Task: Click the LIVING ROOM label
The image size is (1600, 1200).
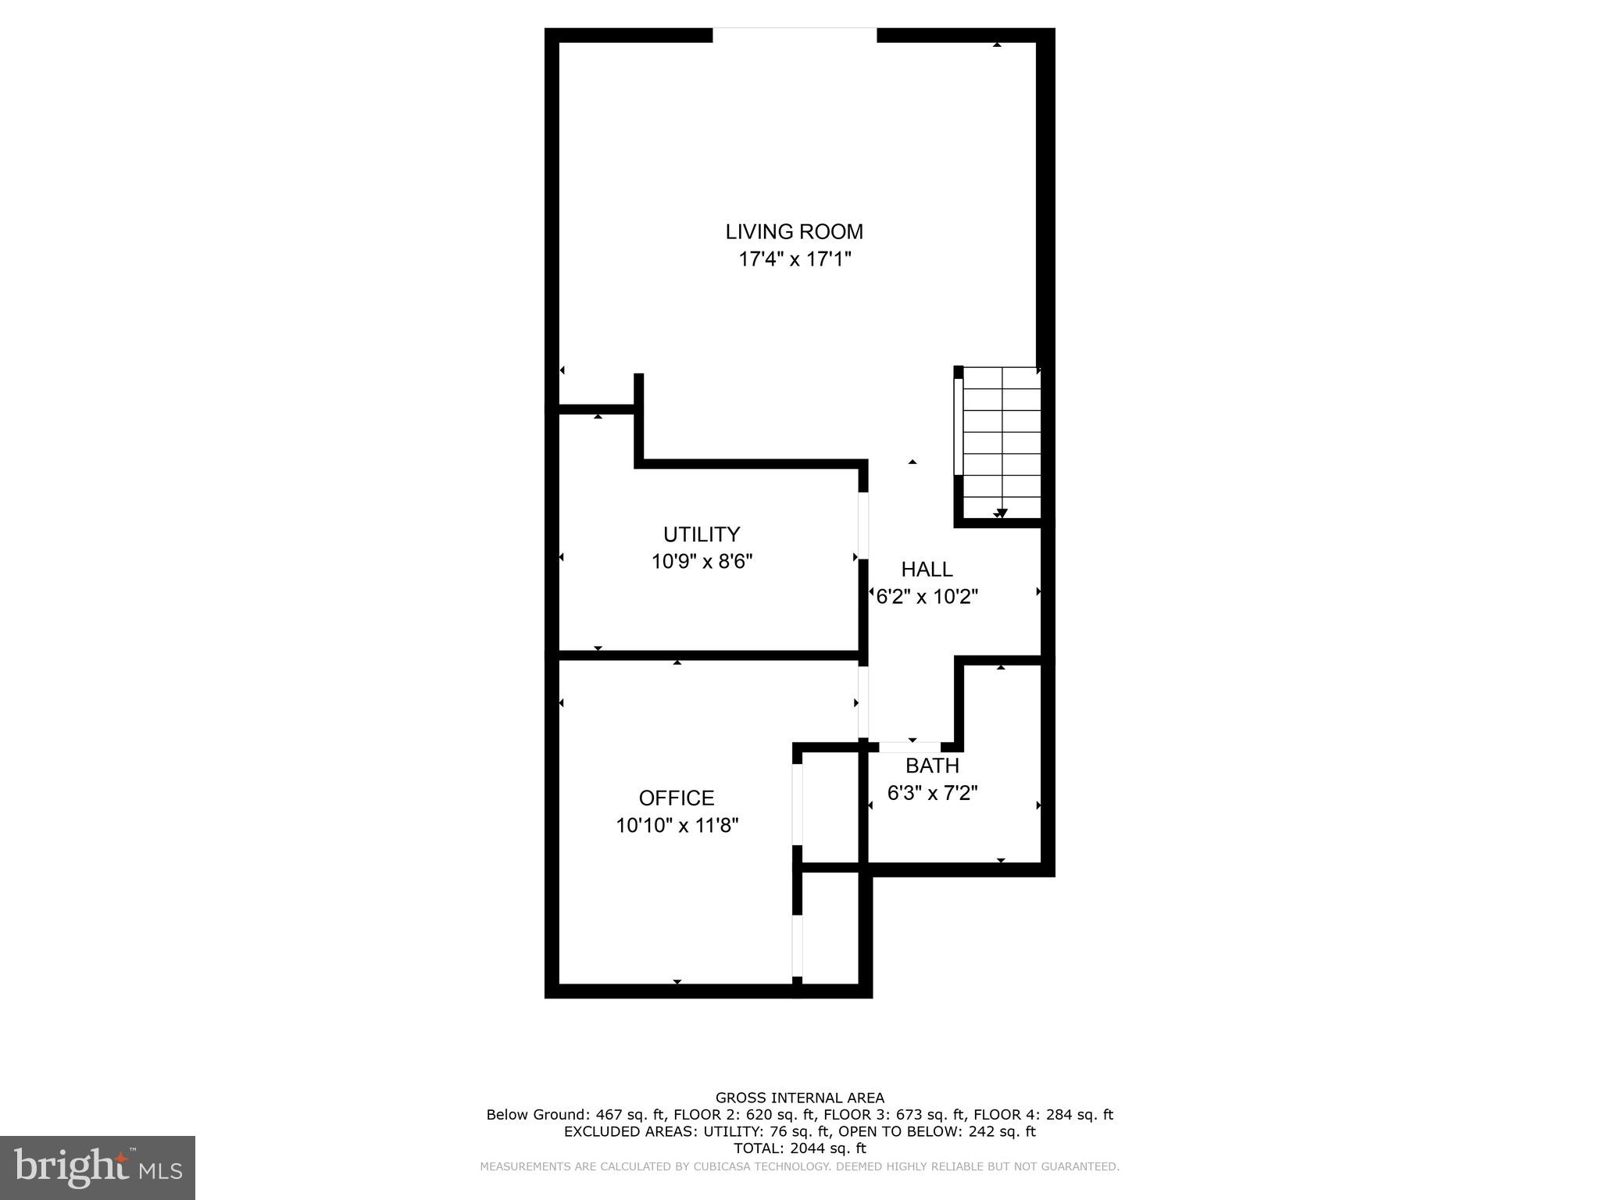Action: (794, 232)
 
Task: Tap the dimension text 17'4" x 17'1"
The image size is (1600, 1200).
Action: (794, 259)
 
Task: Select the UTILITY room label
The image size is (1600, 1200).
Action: (701, 534)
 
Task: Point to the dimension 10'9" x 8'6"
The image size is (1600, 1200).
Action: (701, 562)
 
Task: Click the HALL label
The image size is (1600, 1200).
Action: (927, 570)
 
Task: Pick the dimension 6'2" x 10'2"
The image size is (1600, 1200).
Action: (927, 597)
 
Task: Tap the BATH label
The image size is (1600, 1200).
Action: (932, 766)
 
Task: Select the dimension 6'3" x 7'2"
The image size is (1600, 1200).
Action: (932, 793)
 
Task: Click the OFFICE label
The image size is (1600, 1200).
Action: (676, 798)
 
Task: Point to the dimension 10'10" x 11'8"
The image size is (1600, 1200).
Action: (676, 826)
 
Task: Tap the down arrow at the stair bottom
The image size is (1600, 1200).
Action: (1002, 513)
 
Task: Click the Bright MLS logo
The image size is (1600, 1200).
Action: (97, 1167)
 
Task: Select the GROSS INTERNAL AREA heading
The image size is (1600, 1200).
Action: (799, 1098)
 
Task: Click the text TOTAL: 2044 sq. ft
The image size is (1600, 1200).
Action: (799, 1148)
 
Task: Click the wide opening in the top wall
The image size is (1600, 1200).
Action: (795, 34)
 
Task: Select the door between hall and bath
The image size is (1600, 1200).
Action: (910, 748)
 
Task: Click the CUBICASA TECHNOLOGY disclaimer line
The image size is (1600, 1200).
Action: (799, 1166)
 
